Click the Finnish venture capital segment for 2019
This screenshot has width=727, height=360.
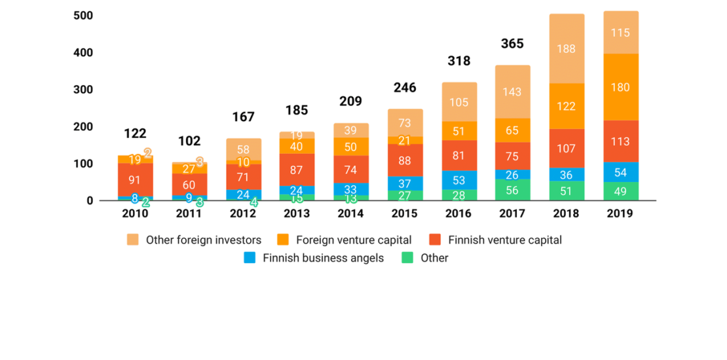coord(620,141)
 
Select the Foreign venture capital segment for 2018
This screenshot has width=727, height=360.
coord(566,105)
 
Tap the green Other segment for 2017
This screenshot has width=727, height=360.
coord(512,190)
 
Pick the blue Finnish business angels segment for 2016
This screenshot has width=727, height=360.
coord(458,180)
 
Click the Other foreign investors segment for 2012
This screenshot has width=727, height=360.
coord(243,149)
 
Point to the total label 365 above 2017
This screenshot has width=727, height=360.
coord(512,44)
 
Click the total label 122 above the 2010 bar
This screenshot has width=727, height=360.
coord(135,134)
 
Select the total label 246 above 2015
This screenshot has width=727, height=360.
coord(405,88)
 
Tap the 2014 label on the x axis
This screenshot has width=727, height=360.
coord(350,213)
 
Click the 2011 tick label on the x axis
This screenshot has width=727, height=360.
coord(189,213)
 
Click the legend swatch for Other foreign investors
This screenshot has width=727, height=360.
coord(133,240)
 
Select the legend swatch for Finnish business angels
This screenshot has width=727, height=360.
coord(250,258)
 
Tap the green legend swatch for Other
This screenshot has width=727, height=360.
coord(407,258)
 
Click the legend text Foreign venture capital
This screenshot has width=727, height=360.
coord(354,240)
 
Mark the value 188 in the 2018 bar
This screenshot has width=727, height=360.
coord(566,48)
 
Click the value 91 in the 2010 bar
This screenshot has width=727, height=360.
coord(135,180)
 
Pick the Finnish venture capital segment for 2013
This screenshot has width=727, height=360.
coord(297,170)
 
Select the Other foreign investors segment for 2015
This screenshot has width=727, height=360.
coord(405,123)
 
